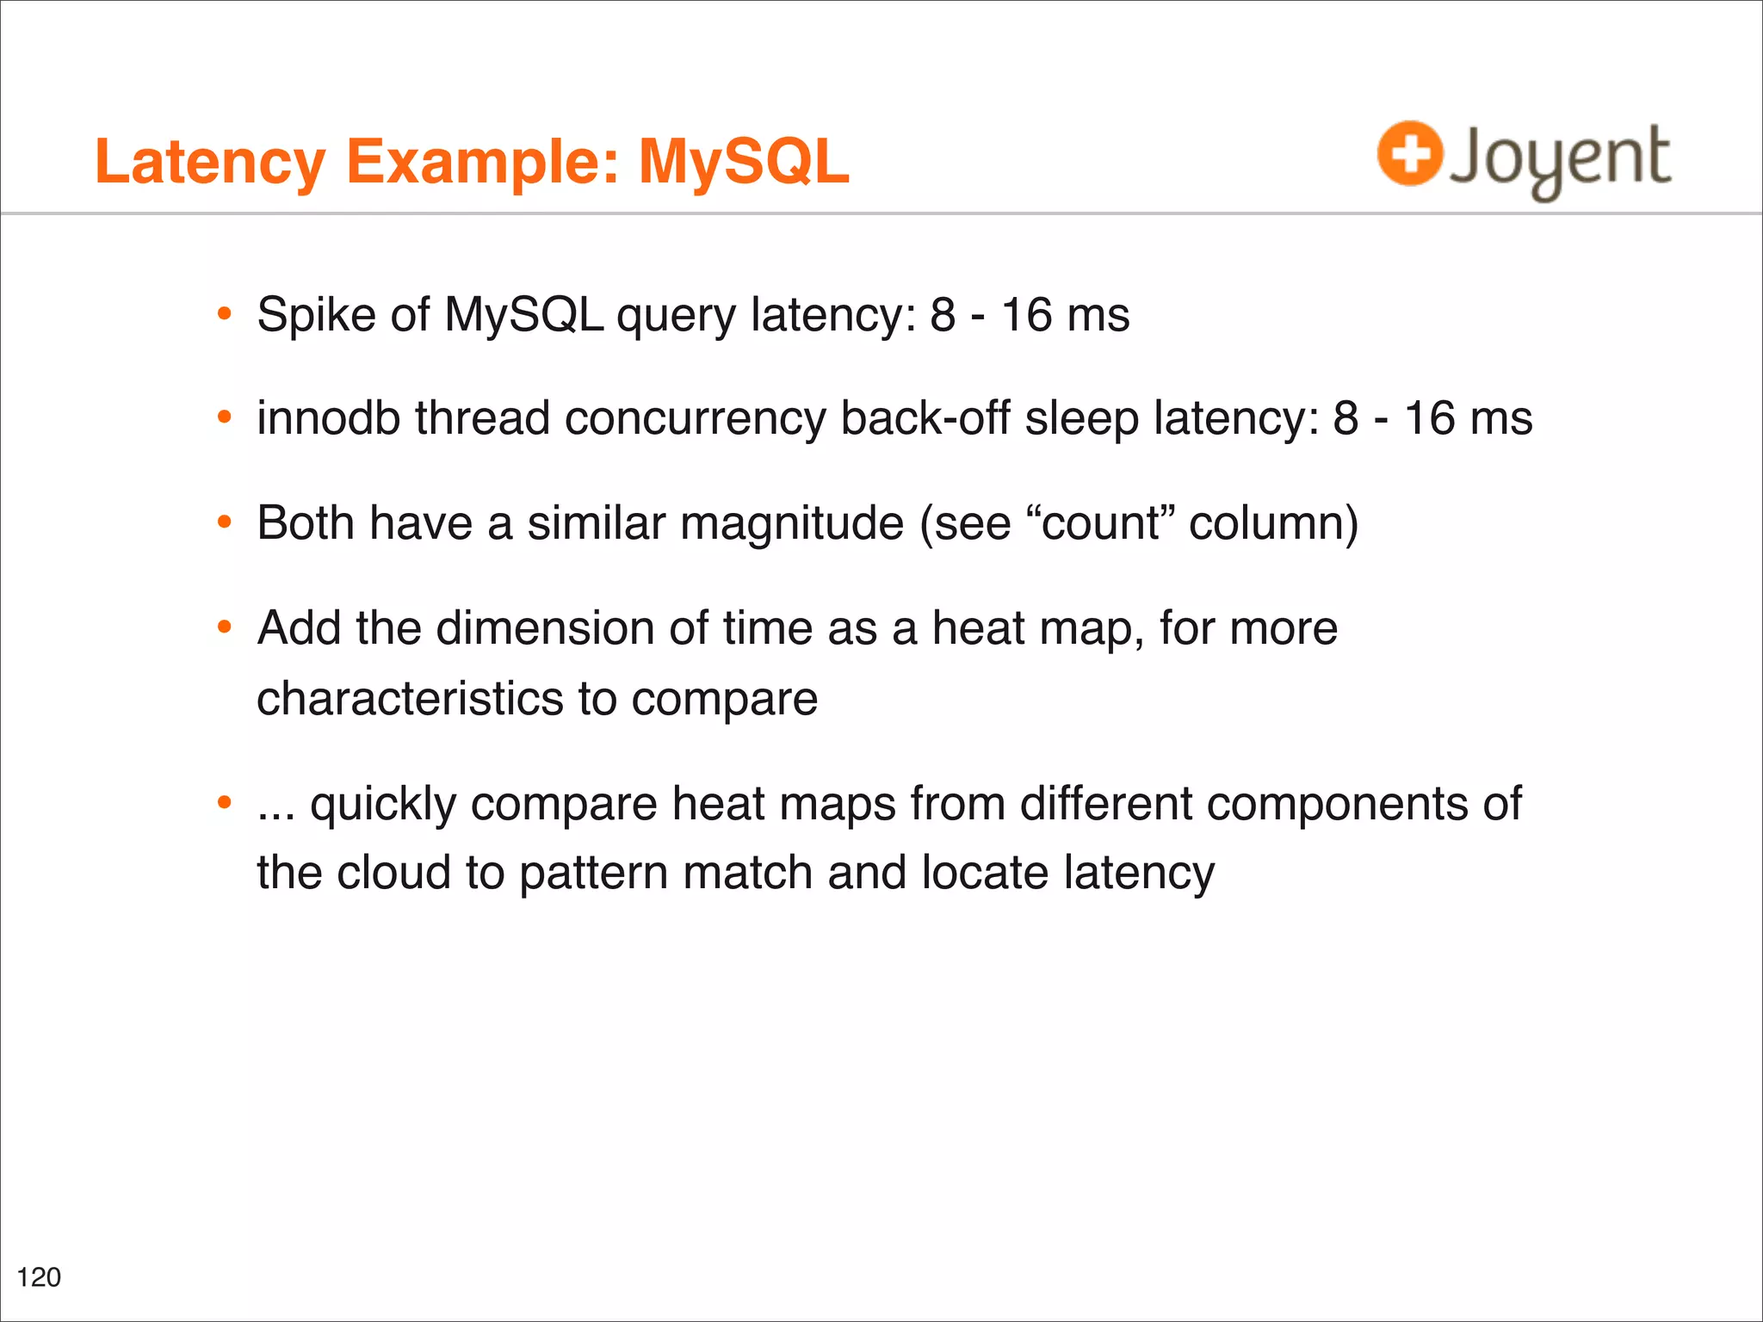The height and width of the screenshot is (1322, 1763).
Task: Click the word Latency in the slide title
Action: (210, 162)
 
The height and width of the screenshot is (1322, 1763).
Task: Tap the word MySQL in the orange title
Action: (743, 162)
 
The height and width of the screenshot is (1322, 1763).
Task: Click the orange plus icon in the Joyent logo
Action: (1409, 154)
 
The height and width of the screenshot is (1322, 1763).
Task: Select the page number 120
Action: (39, 1277)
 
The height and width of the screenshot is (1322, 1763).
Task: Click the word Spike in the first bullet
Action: (316, 315)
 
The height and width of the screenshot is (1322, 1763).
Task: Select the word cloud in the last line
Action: (393, 873)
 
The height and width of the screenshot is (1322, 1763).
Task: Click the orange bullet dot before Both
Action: (225, 522)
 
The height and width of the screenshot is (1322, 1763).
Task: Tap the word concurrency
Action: (695, 420)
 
